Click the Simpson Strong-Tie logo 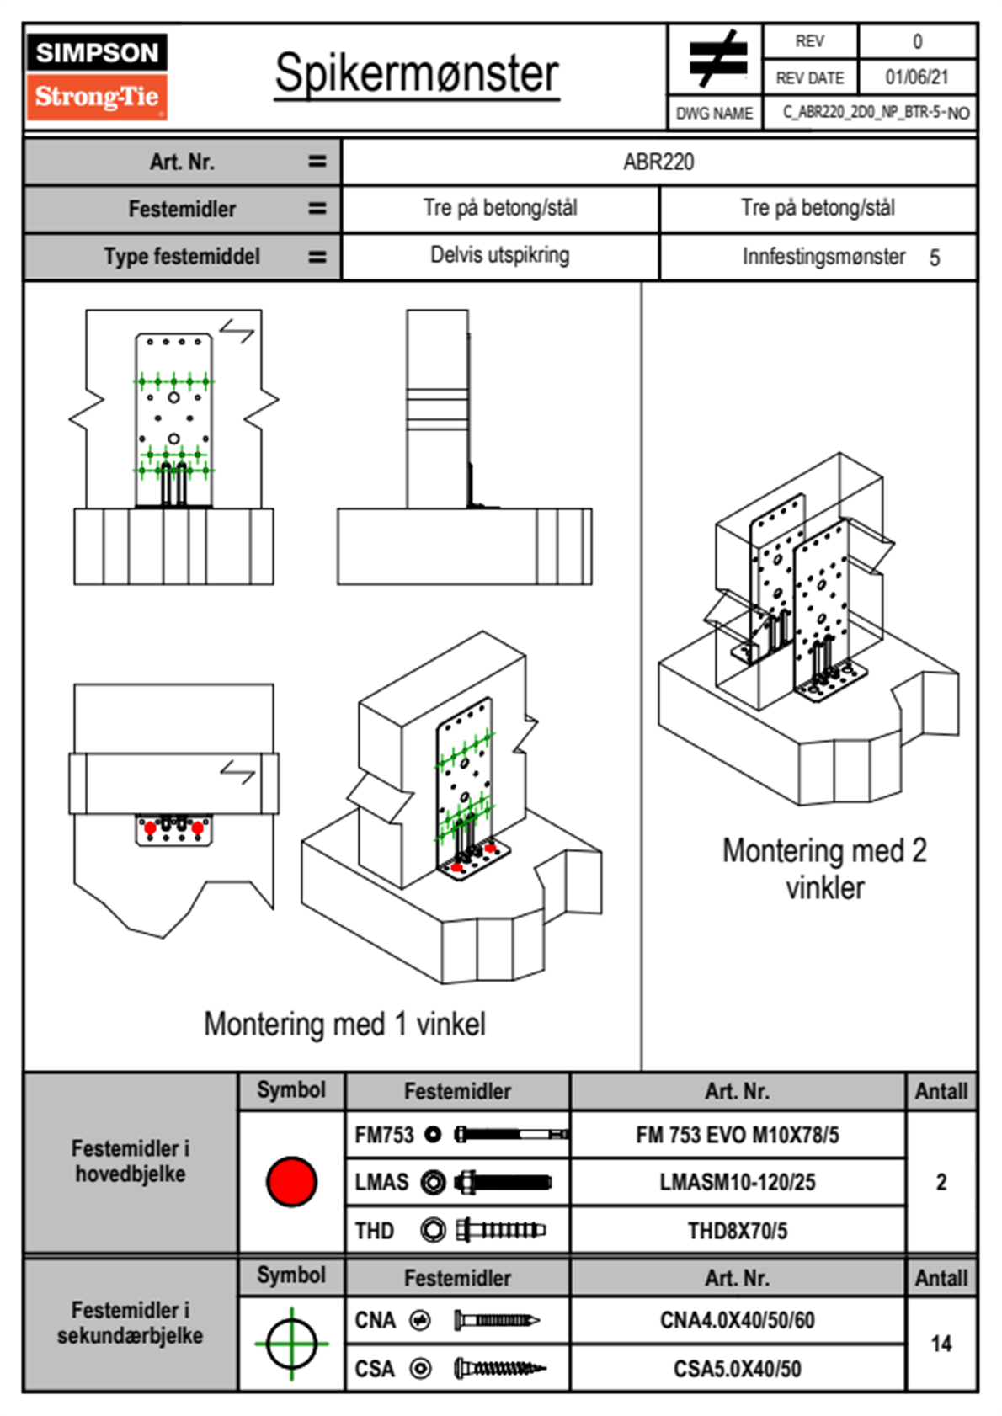(97, 77)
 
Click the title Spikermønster (417, 73)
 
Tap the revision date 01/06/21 (916, 77)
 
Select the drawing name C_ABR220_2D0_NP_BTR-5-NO (876, 113)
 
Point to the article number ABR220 (658, 162)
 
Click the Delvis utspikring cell (500, 255)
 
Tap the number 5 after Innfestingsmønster (935, 258)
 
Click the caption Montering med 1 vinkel (344, 1024)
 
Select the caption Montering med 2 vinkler (824, 868)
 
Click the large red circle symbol (291, 1181)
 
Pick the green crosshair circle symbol (291, 1344)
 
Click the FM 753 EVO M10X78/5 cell (737, 1135)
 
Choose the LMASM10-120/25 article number (737, 1182)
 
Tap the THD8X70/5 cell (737, 1231)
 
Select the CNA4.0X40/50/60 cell (737, 1320)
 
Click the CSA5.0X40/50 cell (737, 1369)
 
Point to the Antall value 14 (941, 1344)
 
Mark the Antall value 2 (941, 1182)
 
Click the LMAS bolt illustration (503, 1182)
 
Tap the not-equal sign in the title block (717, 59)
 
